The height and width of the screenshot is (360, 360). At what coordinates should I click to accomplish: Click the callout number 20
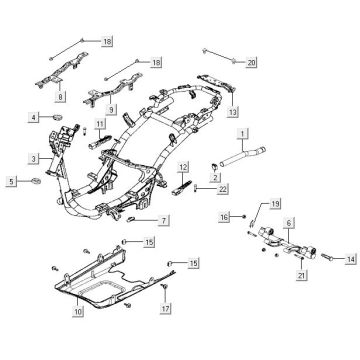[x=251, y=62]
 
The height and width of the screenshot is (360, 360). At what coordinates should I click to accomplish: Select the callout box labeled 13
[x=233, y=99]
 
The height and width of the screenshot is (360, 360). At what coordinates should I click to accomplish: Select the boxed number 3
[x=34, y=159]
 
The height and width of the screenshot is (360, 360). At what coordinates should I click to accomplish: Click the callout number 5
[x=12, y=181]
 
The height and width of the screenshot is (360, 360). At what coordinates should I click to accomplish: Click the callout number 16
[x=225, y=216]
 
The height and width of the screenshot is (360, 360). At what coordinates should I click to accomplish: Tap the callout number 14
[x=350, y=258]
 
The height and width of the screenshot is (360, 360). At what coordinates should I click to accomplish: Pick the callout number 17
[x=167, y=309]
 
